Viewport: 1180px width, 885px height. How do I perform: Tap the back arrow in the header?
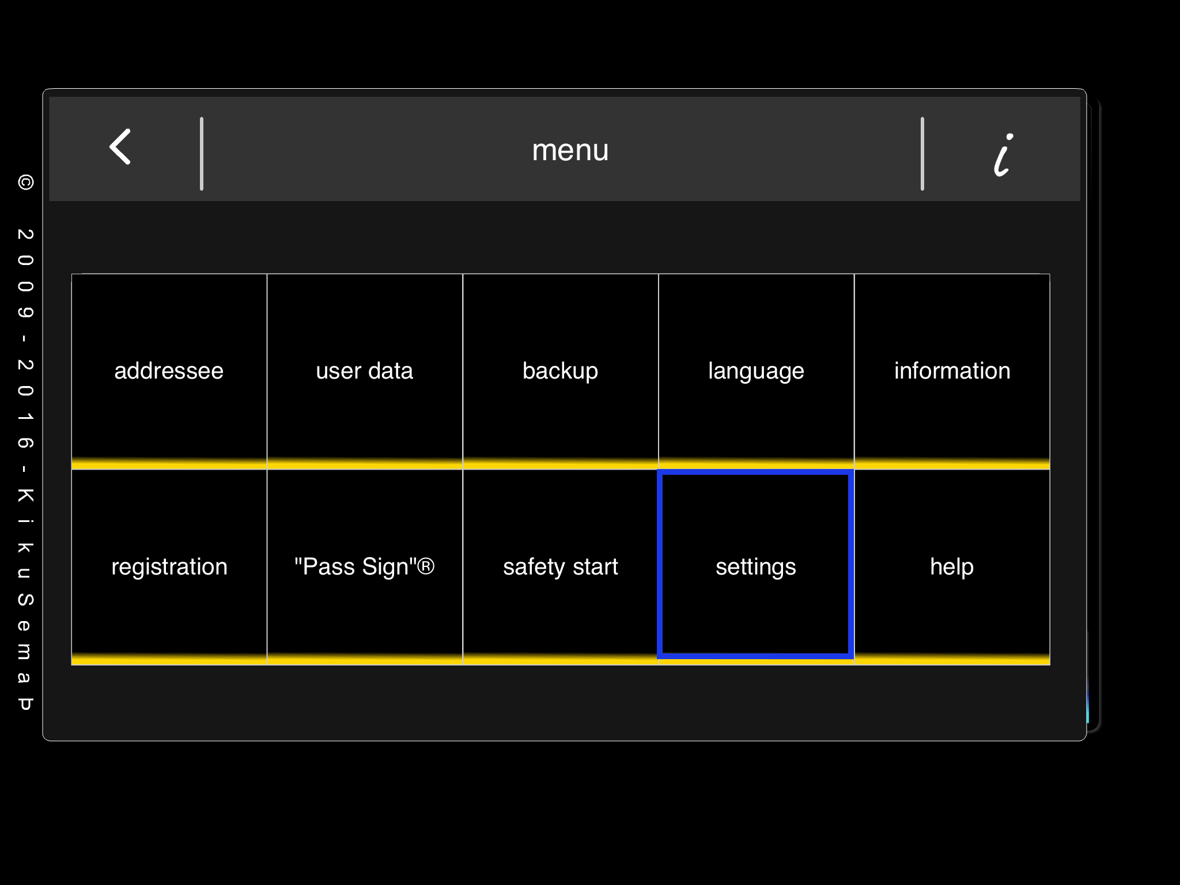(x=120, y=146)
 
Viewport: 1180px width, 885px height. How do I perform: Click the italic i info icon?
(x=1003, y=154)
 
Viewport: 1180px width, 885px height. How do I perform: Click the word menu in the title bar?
(x=570, y=150)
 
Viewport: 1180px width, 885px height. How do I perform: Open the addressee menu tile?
(x=169, y=371)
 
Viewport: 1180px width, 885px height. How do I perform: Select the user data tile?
(x=365, y=371)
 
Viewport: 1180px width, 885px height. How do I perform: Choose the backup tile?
(x=561, y=371)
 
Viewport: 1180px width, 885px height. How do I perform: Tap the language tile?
(x=756, y=371)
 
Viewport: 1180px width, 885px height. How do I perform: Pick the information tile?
(x=952, y=371)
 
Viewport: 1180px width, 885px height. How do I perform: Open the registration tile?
(x=169, y=567)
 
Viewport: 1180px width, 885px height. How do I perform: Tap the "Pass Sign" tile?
(x=365, y=567)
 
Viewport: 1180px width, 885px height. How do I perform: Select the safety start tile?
(x=561, y=567)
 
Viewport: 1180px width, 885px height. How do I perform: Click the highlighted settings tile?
(x=756, y=567)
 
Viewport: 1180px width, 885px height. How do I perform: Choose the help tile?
(x=952, y=567)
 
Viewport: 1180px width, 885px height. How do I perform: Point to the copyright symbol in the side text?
(x=25, y=183)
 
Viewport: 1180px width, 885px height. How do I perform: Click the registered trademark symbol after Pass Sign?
(x=425, y=566)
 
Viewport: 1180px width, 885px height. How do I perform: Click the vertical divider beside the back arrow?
(x=202, y=154)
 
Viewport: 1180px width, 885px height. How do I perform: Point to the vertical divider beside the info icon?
(x=922, y=154)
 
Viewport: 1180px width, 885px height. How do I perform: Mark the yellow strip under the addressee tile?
(x=169, y=464)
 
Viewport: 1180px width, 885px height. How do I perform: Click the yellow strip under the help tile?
(x=952, y=660)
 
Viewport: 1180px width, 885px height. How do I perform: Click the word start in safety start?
(x=595, y=567)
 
